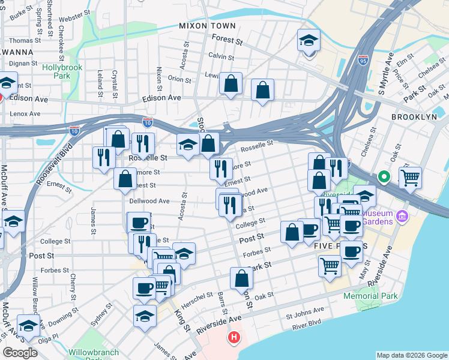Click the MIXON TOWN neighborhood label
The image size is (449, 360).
pyautogui.click(x=208, y=26)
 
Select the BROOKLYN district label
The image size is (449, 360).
pyautogui.click(x=414, y=117)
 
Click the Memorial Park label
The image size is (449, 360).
pyautogui.click(x=370, y=296)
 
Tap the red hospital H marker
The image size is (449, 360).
pyautogui.click(x=234, y=338)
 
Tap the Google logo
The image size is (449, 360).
pyautogui.click(x=20, y=353)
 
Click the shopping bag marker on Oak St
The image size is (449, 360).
pyautogui.click(x=241, y=278)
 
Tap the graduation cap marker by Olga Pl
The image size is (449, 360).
pyautogui.click(x=28, y=326)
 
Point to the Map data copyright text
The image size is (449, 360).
pyautogui.click(x=411, y=355)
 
